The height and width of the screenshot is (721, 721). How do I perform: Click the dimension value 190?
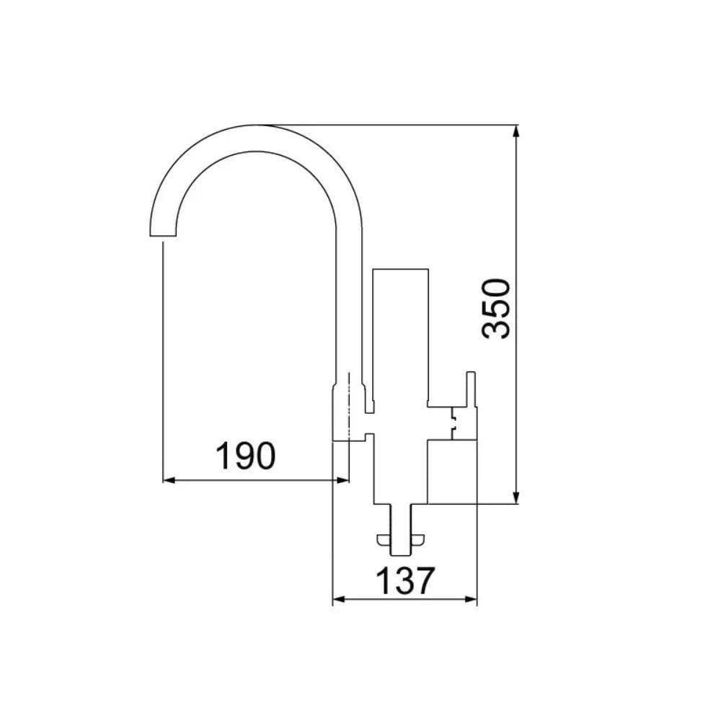[246, 456]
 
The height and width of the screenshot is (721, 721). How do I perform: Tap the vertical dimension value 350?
[497, 308]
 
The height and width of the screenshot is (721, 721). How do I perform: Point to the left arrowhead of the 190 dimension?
[169, 479]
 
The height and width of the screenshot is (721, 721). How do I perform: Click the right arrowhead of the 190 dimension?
[344, 479]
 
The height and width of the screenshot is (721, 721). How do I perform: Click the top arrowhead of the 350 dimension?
[517, 131]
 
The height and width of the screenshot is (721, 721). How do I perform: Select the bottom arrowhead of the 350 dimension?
[517, 499]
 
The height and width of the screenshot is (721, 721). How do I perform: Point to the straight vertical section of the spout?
[350, 303]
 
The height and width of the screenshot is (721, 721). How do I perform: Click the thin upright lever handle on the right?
[472, 404]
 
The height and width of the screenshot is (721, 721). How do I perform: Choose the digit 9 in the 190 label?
[246, 456]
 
